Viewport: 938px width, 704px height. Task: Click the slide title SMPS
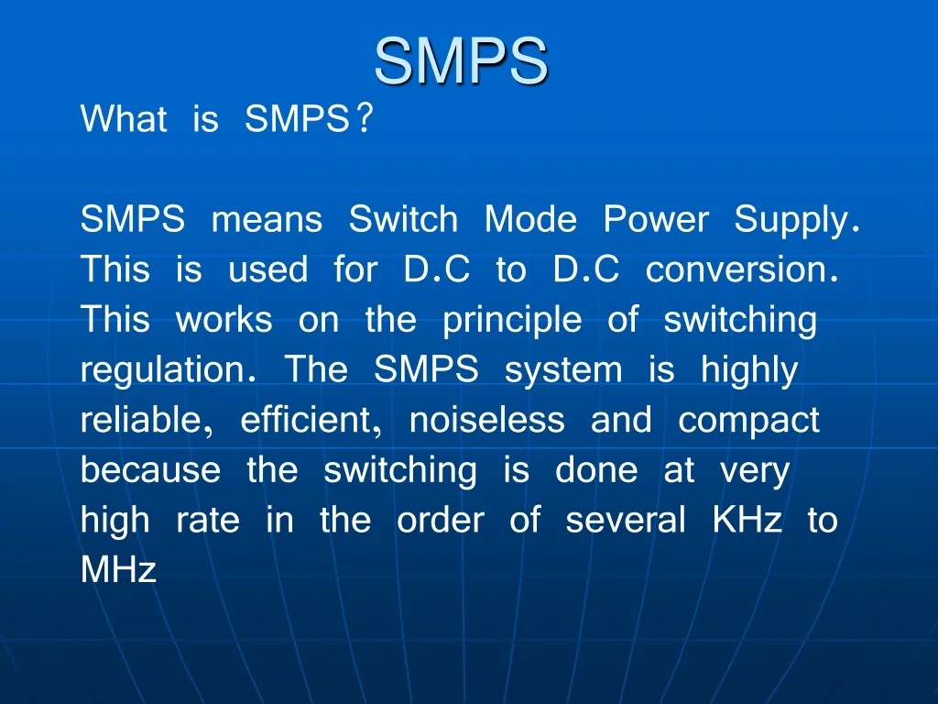coord(461,61)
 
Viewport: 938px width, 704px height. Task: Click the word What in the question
coord(124,119)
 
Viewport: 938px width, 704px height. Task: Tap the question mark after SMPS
coord(365,119)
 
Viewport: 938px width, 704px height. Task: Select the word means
coord(267,220)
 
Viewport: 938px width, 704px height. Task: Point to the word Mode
coord(530,220)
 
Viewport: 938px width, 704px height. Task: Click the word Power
coord(656,220)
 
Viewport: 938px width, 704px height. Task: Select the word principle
coord(512,320)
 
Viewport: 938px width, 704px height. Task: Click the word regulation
coord(165,370)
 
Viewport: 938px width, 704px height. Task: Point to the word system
coord(563,370)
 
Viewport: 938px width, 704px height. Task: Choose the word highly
coord(749,370)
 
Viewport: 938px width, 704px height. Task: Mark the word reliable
coord(140,420)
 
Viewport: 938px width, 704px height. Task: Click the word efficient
coord(309,420)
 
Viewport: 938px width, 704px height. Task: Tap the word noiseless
coord(486,420)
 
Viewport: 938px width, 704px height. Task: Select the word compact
coord(748,420)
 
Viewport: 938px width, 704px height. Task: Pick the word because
coord(150,470)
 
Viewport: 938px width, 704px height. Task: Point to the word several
coord(626,520)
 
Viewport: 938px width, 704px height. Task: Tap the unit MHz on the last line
coord(119,570)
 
